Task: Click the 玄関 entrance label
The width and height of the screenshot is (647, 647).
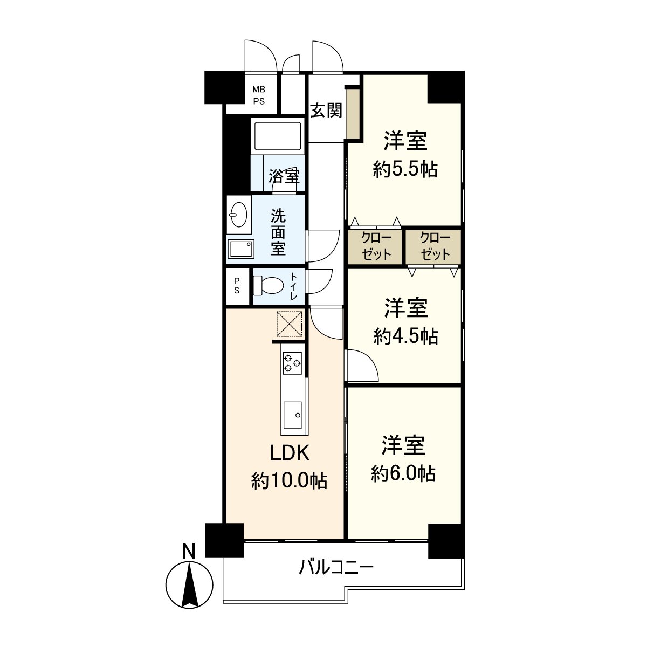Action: coord(326,111)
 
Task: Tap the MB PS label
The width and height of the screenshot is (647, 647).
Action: coord(259,95)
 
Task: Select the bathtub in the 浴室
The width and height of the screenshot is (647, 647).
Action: coord(277,136)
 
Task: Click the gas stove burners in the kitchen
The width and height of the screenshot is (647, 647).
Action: coord(292,362)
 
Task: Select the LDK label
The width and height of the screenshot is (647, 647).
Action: coord(290,453)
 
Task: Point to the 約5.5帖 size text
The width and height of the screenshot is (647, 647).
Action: coord(405,170)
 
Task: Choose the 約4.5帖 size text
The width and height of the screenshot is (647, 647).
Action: coord(405,336)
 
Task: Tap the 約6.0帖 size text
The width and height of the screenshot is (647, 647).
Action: coord(403,473)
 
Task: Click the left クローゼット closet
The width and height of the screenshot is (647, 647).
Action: coord(375,247)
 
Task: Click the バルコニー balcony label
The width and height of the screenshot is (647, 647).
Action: coord(336,568)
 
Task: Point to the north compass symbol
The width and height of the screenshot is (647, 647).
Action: coord(188,585)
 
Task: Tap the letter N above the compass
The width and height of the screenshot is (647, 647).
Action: coord(188,551)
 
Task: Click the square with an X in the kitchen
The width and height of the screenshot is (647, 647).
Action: coord(290,323)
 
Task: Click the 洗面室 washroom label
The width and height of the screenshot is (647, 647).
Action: coord(278,232)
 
